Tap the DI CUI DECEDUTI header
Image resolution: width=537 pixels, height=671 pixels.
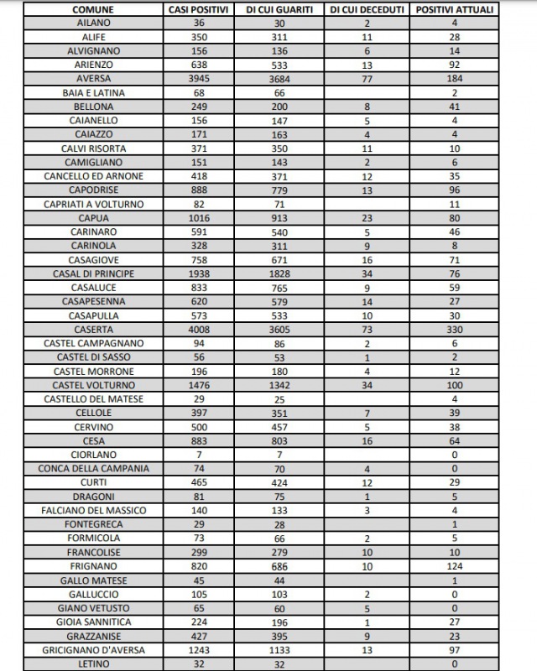click(367, 10)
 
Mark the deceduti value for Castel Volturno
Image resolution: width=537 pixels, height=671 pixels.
click(367, 385)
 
